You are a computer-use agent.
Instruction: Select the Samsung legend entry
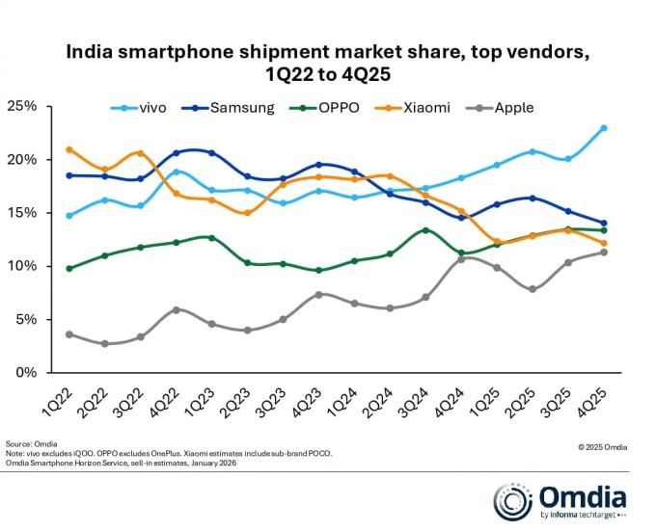pos(232,107)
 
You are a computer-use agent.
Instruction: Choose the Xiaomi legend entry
pos(424,107)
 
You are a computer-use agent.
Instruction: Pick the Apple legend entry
pos(512,107)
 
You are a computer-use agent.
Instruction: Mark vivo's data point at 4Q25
pos(604,127)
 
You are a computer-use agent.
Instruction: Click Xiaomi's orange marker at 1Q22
pos(68,149)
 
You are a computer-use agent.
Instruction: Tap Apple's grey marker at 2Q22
pos(104,343)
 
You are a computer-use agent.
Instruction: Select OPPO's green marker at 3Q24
pos(425,229)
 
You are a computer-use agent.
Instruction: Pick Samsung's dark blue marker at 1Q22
pos(68,175)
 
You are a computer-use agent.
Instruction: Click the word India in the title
pos(90,52)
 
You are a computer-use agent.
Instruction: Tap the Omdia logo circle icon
pos(513,500)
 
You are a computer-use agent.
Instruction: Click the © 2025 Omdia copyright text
pos(604,446)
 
